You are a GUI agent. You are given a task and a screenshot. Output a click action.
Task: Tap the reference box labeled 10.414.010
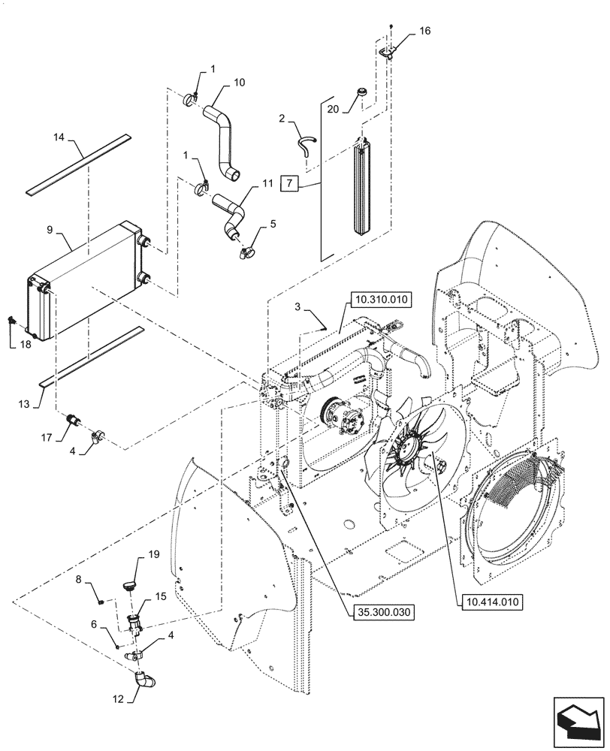(486, 602)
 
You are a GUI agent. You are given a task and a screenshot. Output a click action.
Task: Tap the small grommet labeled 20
(362, 92)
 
